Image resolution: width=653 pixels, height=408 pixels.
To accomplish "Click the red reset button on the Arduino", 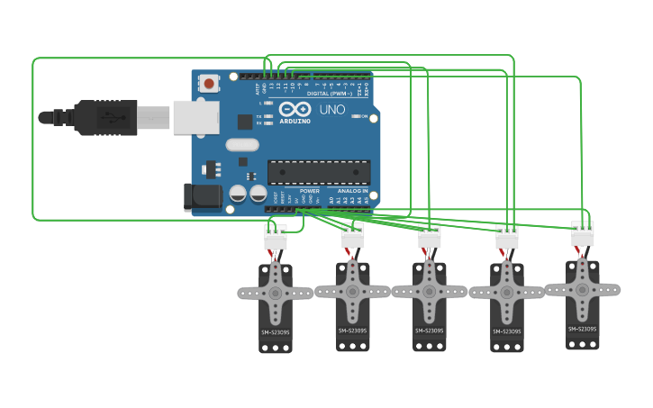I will click(209, 84).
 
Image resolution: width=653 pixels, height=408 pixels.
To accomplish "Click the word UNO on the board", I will click(331, 110).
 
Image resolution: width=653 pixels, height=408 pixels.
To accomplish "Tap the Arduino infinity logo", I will click(295, 109).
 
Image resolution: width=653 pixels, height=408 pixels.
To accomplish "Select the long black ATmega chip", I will click(319, 172).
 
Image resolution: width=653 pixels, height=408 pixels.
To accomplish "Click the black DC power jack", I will click(201, 198).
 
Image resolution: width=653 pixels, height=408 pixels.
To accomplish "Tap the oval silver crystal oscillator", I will click(242, 144).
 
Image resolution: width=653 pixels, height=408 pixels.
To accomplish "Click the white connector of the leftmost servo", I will click(275, 238).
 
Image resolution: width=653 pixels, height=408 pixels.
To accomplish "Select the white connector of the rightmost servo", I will click(583, 234).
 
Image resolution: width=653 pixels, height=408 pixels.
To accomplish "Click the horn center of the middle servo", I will click(429, 292).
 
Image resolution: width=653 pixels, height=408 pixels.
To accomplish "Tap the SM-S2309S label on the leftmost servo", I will click(276, 332).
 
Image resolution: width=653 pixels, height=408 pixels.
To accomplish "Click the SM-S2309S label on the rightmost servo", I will click(582, 329).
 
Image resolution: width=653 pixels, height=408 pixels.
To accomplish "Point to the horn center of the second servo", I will click(352, 291).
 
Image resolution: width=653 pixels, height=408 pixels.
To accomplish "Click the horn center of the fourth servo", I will click(506, 292).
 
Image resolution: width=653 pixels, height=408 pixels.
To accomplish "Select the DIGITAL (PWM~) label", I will click(330, 93).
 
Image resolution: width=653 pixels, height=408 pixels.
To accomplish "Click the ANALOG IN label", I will click(352, 191).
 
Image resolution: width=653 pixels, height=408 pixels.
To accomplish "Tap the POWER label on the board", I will click(309, 191).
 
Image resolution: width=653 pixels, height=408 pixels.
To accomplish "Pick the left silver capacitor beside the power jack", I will click(238, 193).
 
